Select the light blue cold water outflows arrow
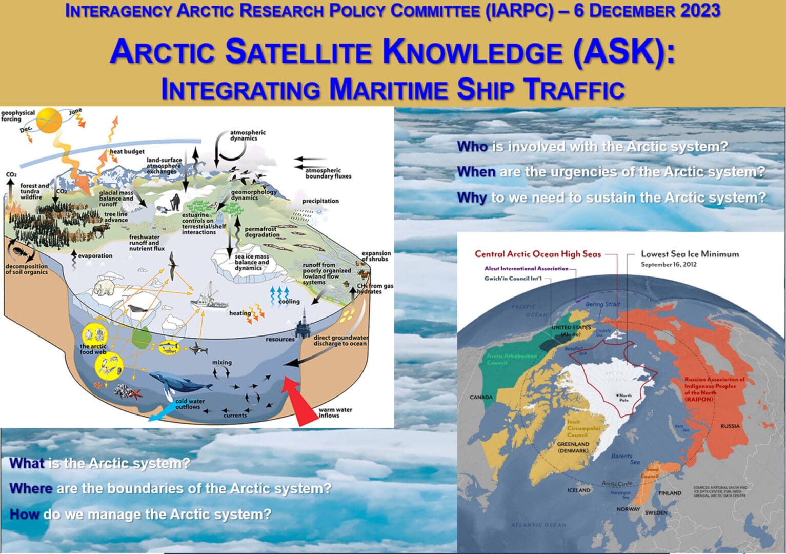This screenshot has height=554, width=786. [x=162, y=413]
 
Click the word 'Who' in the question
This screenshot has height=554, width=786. [x=472, y=147]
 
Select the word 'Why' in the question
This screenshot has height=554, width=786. [x=471, y=197]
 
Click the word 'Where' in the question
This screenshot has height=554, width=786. [x=31, y=488]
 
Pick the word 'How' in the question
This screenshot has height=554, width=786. [x=24, y=514]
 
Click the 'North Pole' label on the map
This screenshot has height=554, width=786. [x=625, y=398]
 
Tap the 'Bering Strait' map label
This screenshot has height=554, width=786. [x=602, y=304]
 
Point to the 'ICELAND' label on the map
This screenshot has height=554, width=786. [x=579, y=490]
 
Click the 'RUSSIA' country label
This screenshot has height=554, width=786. [x=730, y=426]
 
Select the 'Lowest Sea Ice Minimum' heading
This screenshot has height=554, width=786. [x=690, y=254]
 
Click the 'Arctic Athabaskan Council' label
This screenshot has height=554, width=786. [x=504, y=359]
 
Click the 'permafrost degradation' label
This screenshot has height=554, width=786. [x=262, y=232]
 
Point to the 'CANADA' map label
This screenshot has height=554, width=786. [x=481, y=397]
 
